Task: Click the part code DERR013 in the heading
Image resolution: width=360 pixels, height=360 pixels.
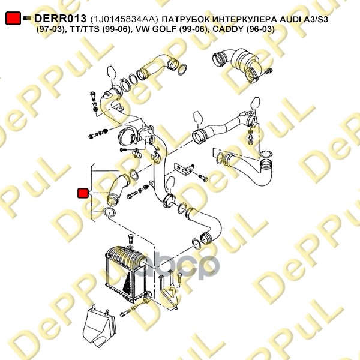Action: (x=60, y=19)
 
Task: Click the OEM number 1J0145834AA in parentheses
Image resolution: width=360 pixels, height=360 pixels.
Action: (x=124, y=19)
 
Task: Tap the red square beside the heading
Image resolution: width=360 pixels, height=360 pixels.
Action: (x=13, y=18)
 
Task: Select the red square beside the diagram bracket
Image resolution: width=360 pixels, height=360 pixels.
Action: (x=83, y=193)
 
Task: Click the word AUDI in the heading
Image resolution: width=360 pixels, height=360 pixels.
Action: (x=290, y=20)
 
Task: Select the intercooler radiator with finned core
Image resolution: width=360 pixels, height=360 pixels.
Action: (x=126, y=274)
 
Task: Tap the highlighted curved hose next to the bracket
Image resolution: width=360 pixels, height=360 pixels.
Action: (x=118, y=189)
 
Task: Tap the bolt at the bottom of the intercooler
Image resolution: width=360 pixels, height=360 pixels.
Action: (x=125, y=313)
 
